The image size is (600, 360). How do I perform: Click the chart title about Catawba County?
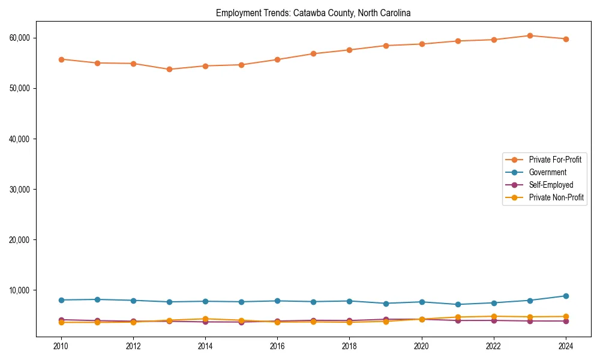(x=313, y=13)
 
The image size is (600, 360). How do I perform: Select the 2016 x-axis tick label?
(x=277, y=346)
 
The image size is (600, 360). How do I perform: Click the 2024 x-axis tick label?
(x=565, y=346)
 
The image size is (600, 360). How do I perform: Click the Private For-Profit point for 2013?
(x=169, y=69)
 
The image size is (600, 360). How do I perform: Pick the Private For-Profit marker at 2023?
(x=529, y=35)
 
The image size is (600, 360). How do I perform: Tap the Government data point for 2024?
(x=565, y=296)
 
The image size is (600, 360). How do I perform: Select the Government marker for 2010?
(x=61, y=300)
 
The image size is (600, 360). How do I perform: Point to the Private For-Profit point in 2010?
(x=61, y=59)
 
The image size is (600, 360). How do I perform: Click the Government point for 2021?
(x=457, y=304)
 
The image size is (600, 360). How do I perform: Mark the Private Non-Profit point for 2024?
(x=565, y=316)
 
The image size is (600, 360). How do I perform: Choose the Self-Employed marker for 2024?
(x=565, y=321)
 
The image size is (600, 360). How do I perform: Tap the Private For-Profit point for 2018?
(x=349, y=50)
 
